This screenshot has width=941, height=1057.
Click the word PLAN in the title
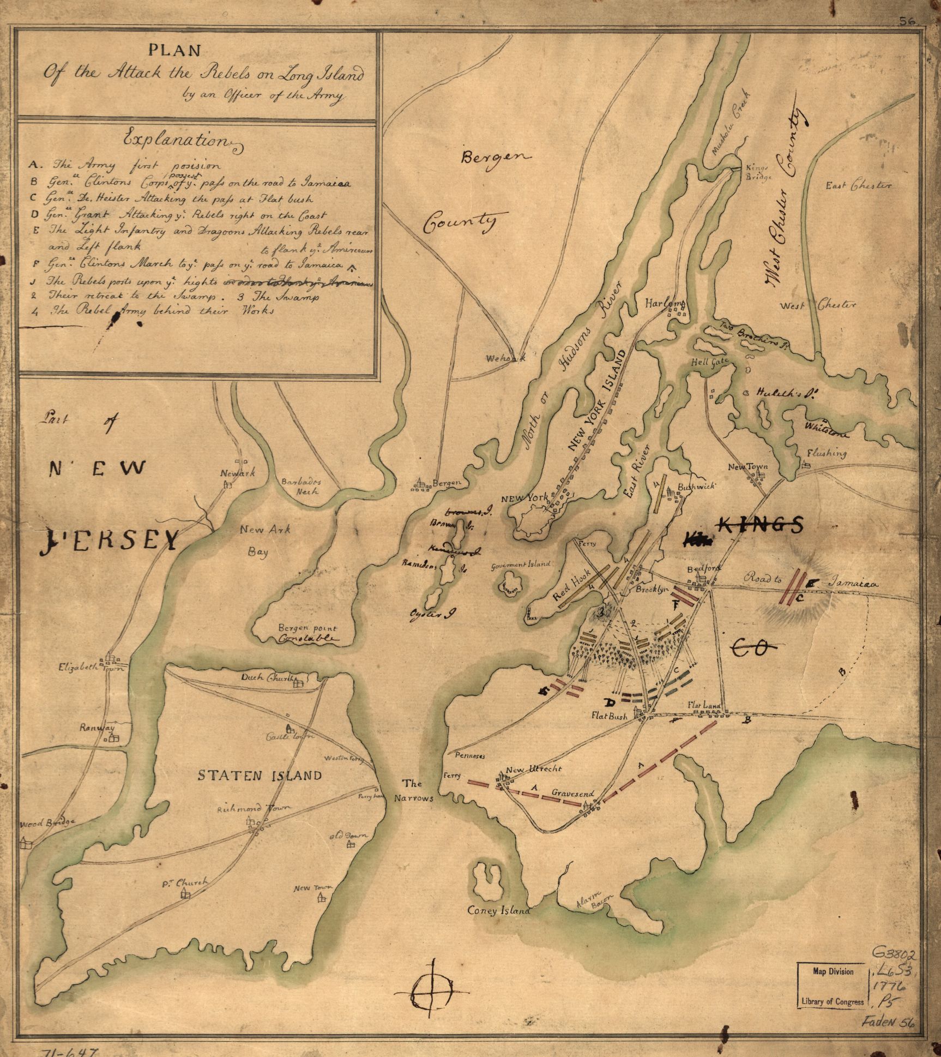tap(175, 51)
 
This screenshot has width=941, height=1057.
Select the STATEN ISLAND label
tap(260, 776)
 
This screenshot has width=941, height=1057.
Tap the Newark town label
tap(237, 473)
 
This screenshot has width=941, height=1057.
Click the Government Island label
tap(521, 566)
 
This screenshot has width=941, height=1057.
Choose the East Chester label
tap(858, 186)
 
